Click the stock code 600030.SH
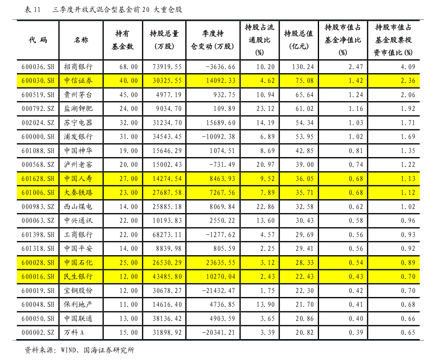(38, 81)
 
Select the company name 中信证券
(79, 81)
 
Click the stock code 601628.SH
(38, 179)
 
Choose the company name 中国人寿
(79, 179)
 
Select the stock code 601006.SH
(38, 192)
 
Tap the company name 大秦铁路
(79, 192)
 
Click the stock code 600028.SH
(38, 263)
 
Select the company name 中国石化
(79, 263)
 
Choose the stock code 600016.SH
(38, 277)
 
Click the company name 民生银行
(79, 277)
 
